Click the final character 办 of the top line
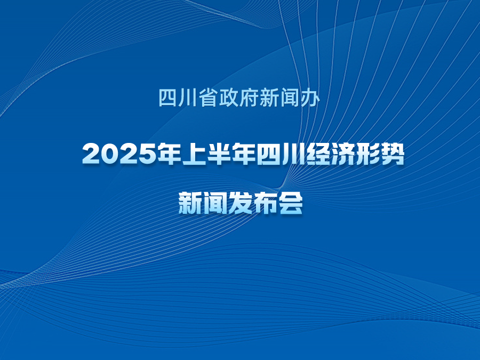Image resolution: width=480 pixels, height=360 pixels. [310, 98]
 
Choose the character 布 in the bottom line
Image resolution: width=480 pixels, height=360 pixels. [266, 203]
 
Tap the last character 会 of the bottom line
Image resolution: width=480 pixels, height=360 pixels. [291, 203]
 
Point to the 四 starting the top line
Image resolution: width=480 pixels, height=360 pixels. [168, 98]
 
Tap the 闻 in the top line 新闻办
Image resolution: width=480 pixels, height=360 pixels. [290, 98]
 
